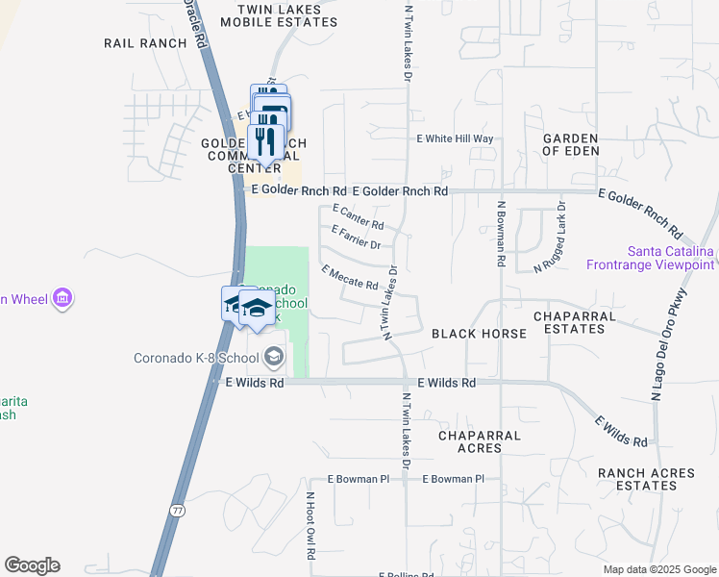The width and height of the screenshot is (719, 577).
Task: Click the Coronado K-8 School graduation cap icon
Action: tap(274, 358)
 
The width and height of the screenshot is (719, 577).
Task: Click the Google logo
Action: tap(32, 565)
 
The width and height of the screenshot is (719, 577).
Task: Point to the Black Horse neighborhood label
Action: tap(479, 334)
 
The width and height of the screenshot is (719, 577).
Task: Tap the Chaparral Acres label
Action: tap(479, 442)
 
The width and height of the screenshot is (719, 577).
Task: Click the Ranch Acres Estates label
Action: tap(637, 479)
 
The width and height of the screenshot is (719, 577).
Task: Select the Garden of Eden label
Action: tap(571, 144)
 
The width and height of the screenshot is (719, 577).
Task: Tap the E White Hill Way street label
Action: tap(455, 139)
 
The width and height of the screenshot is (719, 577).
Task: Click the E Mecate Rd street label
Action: tap(349, 277)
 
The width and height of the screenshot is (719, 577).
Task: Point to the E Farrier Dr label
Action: tap(356, 237)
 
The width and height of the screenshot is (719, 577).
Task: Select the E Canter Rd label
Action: tap(358, 216)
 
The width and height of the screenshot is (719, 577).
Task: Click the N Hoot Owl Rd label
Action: tap(310, 527)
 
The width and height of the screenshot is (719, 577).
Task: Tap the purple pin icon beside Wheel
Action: tap(63, 298)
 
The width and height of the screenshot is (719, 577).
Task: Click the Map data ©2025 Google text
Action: tap(658, 569)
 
